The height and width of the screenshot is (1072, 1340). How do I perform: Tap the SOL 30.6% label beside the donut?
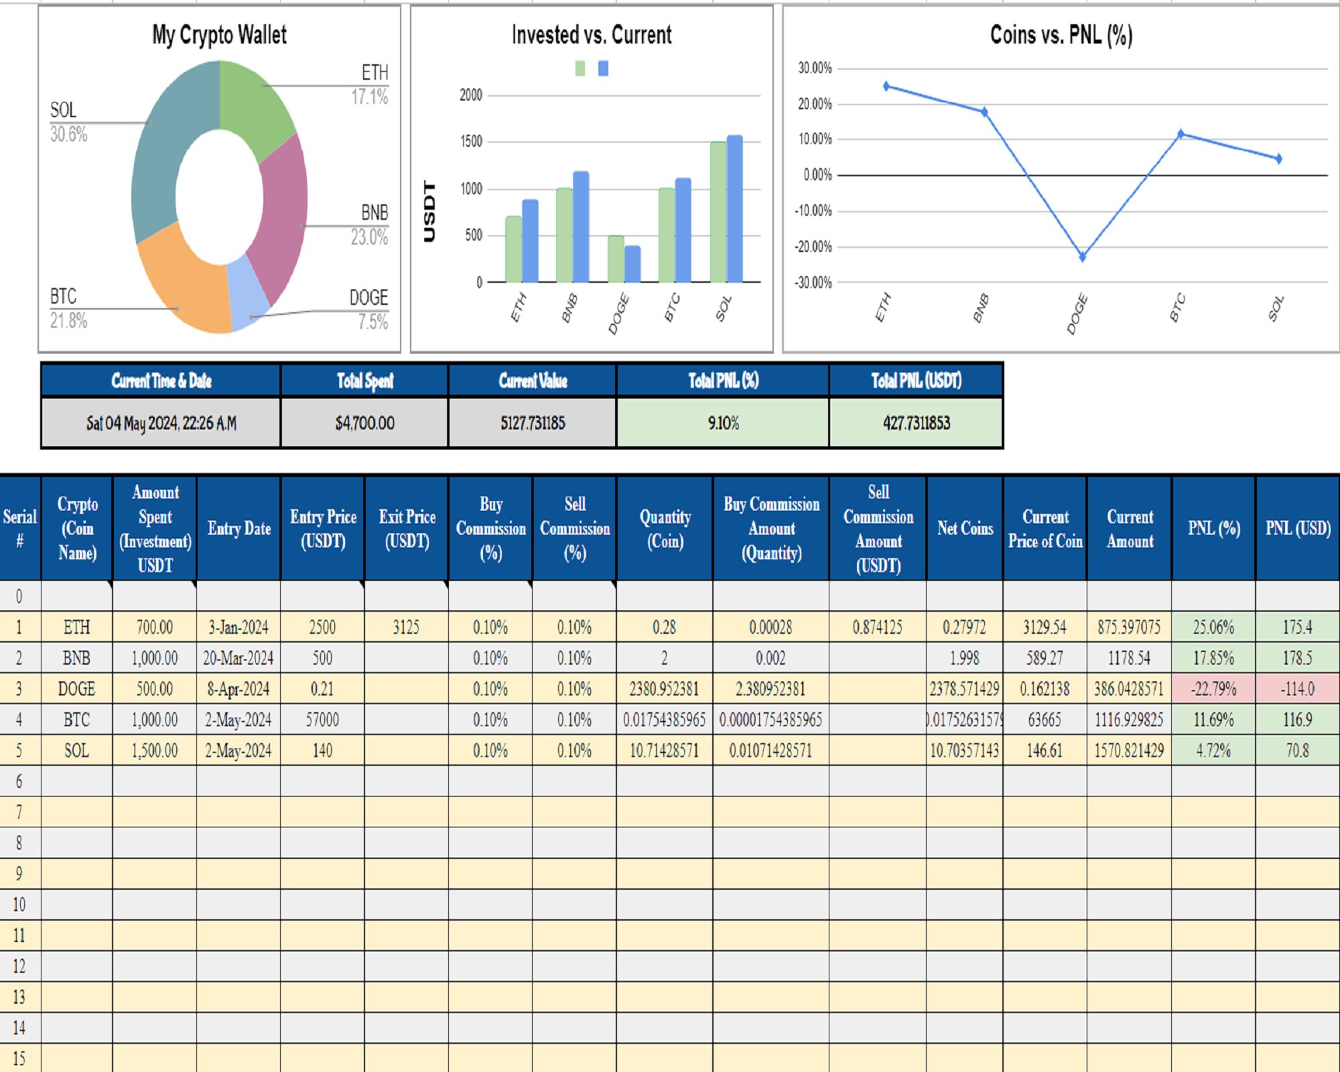click(x=67, y=122)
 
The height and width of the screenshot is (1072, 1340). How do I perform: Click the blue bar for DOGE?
click(x=632, y=264)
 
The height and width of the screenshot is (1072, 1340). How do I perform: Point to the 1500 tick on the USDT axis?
click(x=470, y=141)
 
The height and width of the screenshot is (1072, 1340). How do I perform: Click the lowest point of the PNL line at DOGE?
click(x=1082, y=257)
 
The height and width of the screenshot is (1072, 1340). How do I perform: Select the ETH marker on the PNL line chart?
click(x=886, y=86)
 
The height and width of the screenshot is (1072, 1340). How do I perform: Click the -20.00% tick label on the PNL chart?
click(x=813, y=247)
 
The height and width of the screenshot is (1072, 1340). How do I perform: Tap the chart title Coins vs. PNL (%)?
click(x=1061, y=35)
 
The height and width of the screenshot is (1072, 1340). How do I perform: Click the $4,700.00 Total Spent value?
click(x=364, y=423)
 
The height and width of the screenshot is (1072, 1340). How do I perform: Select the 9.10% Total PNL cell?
click(x=723, y=423)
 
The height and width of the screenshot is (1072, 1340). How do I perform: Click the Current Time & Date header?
click(x=161, y=381)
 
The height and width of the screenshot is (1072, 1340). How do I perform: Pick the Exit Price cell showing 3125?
click(x=406, y=627)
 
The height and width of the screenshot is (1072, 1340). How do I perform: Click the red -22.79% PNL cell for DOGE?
click(x=1213, y=689)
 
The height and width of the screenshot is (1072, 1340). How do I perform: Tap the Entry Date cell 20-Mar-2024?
click(x=238, y=658)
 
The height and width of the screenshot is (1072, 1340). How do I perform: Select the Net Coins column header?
click(x=965, y=528)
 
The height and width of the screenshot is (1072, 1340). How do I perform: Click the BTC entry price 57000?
click(x=322, y=720)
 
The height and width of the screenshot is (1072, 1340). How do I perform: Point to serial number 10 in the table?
click(x=19, y=904)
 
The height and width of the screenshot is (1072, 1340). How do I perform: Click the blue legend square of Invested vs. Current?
click(x=603, y=68)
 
